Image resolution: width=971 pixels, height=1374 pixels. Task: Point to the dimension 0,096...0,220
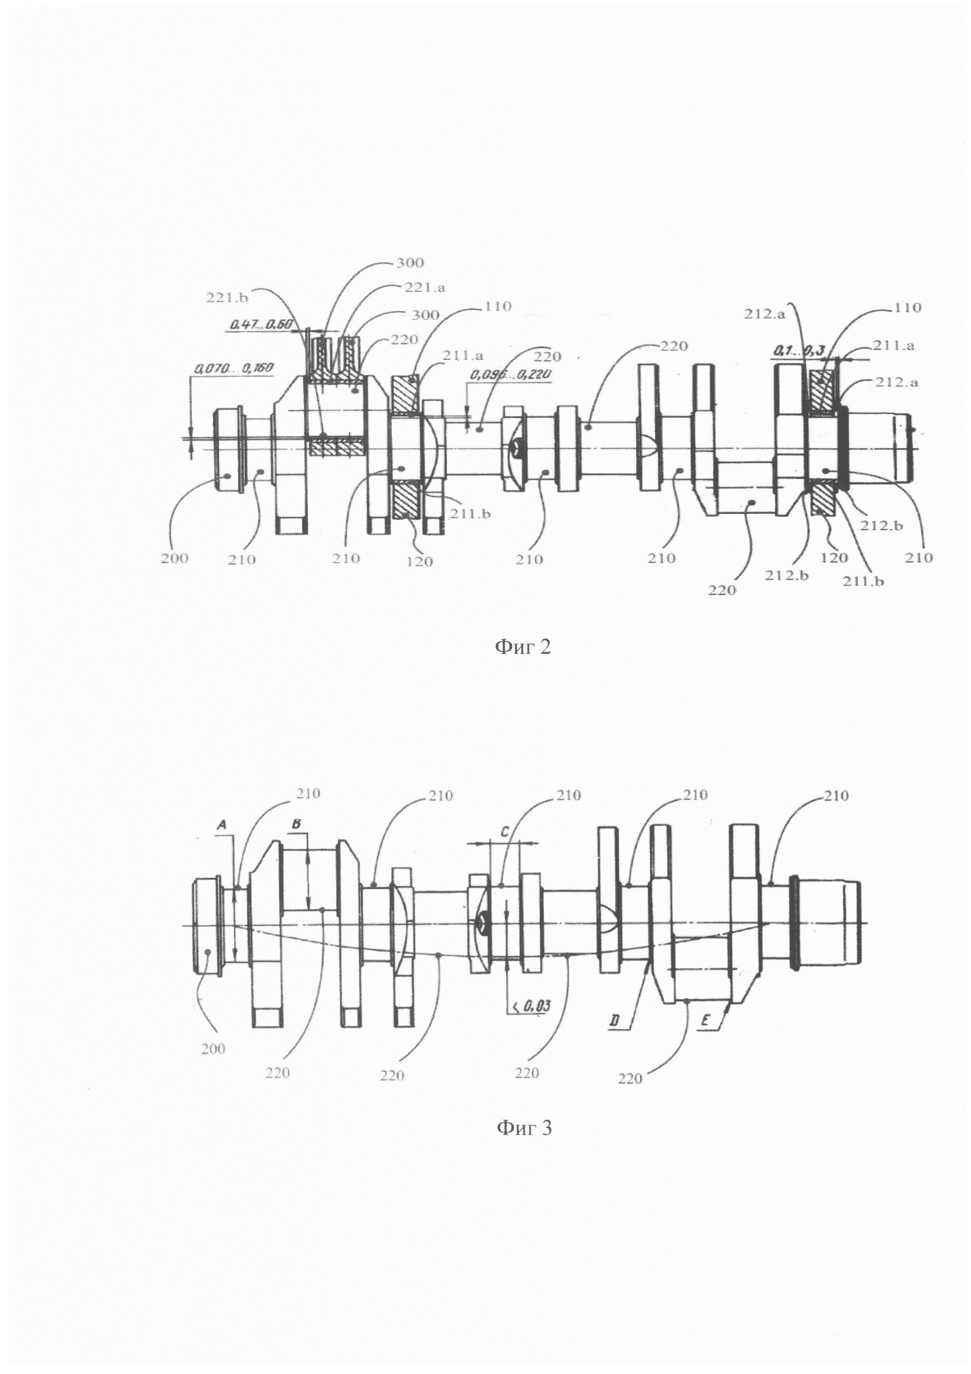click(x=511, y=375)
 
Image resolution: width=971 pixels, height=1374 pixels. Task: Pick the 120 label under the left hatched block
click(x=419, y=561)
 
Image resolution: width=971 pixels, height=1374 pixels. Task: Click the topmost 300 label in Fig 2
click(x=410, y=263)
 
